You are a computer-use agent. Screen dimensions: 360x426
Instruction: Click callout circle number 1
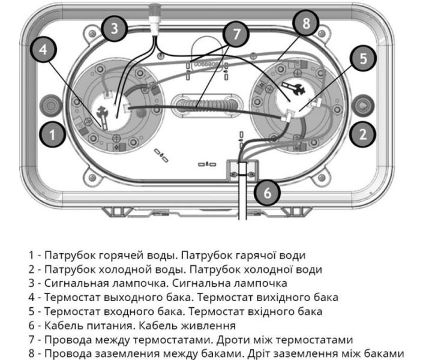[x=54, y=134]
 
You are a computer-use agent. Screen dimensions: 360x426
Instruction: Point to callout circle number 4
[x=43, y=50]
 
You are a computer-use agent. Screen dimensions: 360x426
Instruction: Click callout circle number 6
[x=268, y=193]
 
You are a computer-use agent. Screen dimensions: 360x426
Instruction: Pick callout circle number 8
[x=306, y=25]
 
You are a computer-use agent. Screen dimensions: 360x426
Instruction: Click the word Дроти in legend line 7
[x=232, y=340]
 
